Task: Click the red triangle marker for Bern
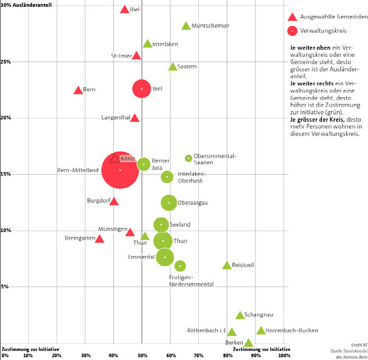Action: tap(78, 90)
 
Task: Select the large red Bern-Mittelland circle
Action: tap(120, 170)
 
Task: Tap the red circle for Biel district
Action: tap(142, 89)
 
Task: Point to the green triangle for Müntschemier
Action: tap(186, 26)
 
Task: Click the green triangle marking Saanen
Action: tap(172, 67)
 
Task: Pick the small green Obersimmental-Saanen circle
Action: tap(189, 158)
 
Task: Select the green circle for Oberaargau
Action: tap(169, 202)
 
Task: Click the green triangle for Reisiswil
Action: tap(226, 265)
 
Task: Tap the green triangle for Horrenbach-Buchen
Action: tap(261, 331)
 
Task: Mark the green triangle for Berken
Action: tap(248, 343)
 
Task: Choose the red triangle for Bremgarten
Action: tap(99, 239)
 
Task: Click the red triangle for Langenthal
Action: tap(135, 118)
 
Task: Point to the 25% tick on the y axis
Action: tap(5, 62)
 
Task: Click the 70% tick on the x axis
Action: tap(199, 355)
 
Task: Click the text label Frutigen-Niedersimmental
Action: tap(191, 281)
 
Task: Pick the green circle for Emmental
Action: tap(165, 257)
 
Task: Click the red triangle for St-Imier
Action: tap(137, 56)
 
